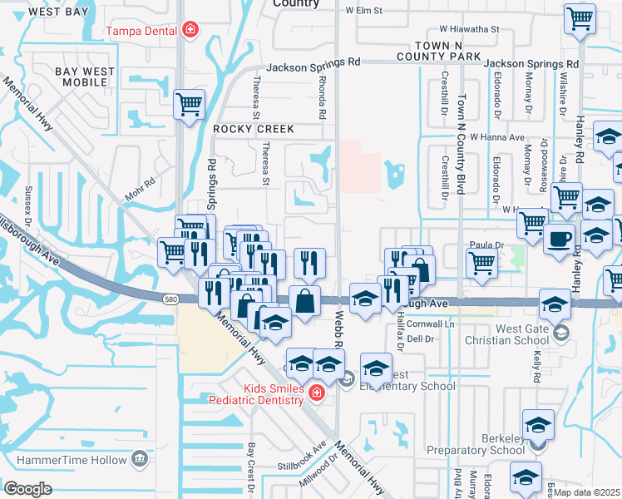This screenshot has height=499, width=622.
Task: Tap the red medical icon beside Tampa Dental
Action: (x=190, y=31)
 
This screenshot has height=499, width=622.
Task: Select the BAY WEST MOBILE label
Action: (x=86, y=77)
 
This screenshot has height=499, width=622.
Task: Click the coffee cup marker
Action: (x=559, y=239)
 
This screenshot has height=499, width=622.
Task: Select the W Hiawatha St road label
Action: (x=462, y=28)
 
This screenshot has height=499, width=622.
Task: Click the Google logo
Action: (x=27, y=489)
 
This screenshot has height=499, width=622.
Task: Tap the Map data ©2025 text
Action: (x=587, y=492)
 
